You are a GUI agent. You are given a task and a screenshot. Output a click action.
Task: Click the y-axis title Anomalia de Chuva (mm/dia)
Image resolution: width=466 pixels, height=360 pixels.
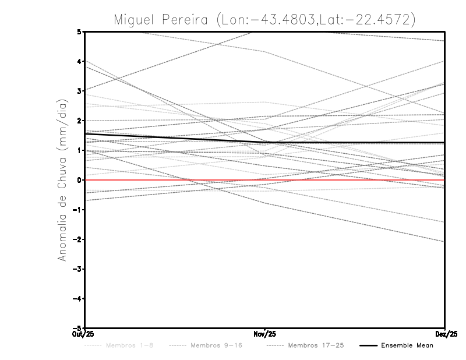click(x=62, y=180)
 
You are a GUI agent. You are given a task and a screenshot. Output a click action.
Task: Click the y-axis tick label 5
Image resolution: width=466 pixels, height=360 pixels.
click(x=80, y=32)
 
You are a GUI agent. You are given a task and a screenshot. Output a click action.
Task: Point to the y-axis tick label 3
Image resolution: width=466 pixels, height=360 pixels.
click(x=80, y=91)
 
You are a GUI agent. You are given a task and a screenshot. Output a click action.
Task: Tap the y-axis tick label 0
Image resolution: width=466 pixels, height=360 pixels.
click(x=80, y=180)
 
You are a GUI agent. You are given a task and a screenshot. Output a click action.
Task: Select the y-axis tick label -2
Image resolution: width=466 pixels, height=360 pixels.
click(x=78, y=239)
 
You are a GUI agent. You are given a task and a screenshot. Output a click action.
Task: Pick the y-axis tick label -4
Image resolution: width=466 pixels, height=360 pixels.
click(x=78, y=298)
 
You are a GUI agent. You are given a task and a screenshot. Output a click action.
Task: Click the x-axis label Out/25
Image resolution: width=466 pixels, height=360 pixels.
click(x=83, y=334)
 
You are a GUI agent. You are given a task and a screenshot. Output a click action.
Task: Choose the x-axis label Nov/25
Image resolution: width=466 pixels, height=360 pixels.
click(x=265, y=334)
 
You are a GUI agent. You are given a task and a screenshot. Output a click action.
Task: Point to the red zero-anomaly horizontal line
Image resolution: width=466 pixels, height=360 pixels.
click(x=349, y=180)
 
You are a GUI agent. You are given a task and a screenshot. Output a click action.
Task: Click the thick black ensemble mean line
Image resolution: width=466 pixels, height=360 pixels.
click(x=349, y=142)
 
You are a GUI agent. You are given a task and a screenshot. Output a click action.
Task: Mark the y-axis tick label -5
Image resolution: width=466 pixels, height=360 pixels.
click(x=78, y=327)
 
